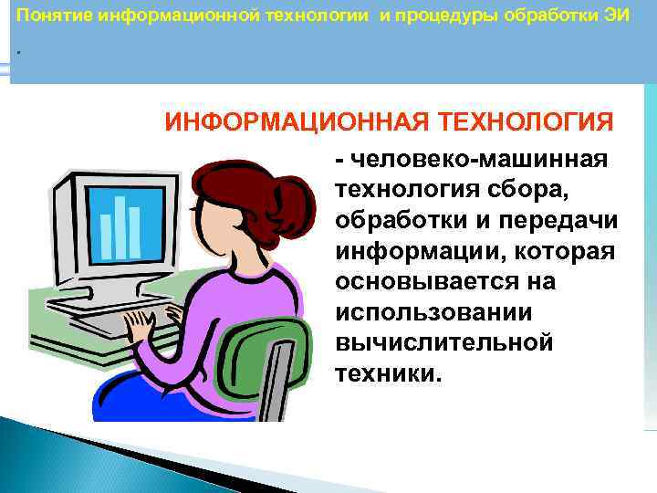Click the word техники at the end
point(385,372)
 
